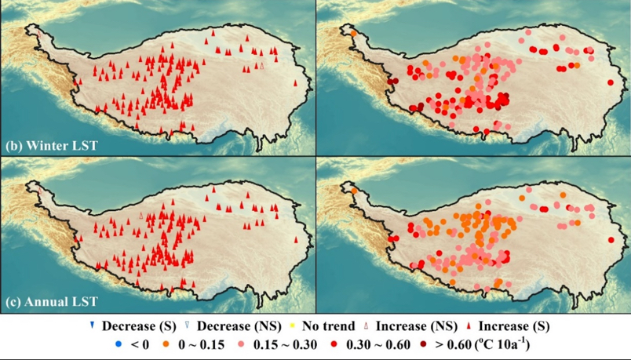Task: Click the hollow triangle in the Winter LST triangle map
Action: point(261,68)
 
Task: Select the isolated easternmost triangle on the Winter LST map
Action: point(295,82)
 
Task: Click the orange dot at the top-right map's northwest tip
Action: point(353,33)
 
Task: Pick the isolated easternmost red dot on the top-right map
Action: point(611,82)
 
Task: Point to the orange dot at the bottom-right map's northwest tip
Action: point(353,191)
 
